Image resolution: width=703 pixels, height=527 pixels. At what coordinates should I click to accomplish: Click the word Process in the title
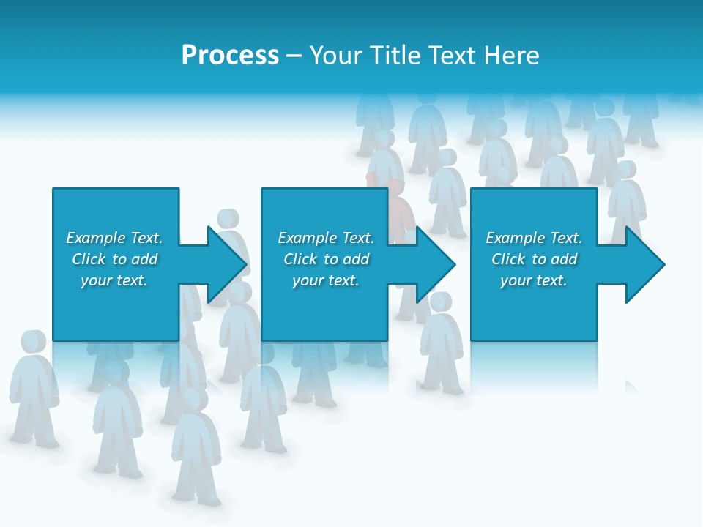click(x=230, y=56)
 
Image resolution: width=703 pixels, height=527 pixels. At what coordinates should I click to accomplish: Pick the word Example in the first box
click(x=96, y=238)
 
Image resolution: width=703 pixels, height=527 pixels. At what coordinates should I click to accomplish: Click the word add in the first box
click(x=145, y=259)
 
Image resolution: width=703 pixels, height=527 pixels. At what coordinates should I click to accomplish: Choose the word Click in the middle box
click(x=301, y=259)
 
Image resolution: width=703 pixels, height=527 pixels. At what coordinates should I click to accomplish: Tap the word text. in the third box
click(x=550, y=280)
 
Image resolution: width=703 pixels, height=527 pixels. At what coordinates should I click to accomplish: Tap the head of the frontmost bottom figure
click(x=193, y=400)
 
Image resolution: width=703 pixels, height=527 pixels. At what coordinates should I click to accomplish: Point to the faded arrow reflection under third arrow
click(x=632, y=386)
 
